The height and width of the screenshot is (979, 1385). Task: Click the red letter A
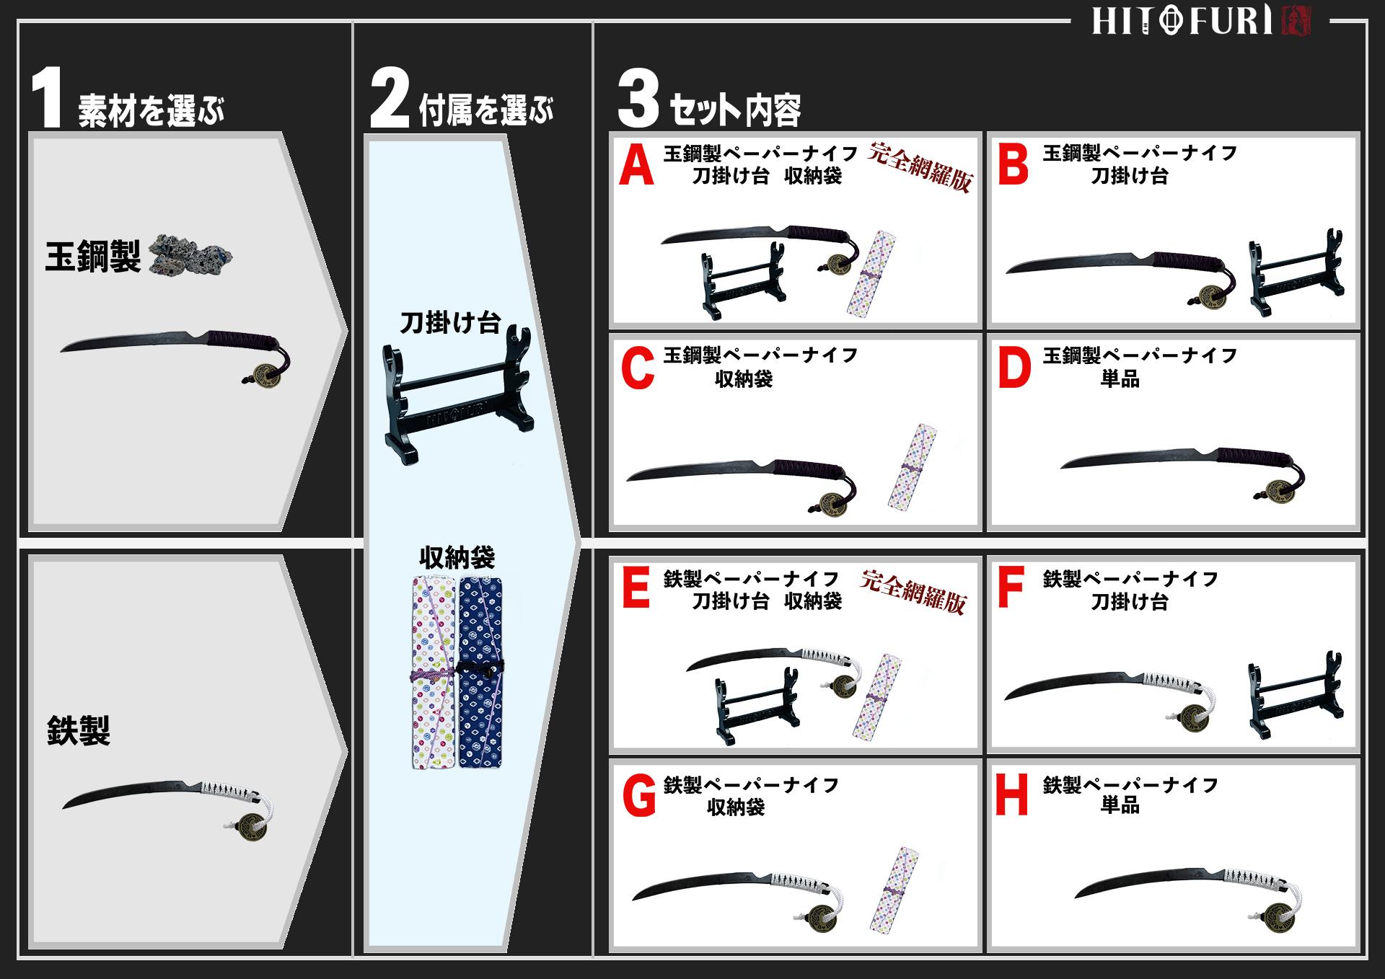click(636, 167)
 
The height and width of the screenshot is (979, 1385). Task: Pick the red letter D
click(1014, 368)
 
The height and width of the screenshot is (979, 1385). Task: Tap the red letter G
click(638, 796)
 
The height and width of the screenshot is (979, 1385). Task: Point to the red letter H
click(1011, 796)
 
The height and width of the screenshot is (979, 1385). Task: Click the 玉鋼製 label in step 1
click(92, 257)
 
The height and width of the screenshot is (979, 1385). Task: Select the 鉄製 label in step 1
click(78, 730)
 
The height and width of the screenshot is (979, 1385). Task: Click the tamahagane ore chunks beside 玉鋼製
click(191, 256)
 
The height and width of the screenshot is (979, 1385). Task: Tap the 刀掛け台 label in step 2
click(450, 322)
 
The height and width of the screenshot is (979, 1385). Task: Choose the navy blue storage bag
click(480, 670)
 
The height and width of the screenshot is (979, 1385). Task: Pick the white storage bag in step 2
click(434, 670)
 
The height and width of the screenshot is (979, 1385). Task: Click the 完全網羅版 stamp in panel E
click(913, 591)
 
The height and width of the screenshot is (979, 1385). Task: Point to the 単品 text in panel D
click(1120, 379)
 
